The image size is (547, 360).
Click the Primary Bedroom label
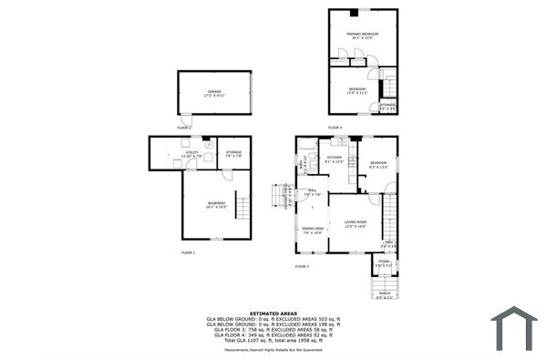point(362,35)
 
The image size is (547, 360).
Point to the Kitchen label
point(335,159)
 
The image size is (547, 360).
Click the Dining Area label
point(313,230)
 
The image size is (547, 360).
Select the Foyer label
point(383,264)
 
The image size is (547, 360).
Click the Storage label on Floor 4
point(387,107)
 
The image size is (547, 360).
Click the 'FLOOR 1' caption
point(188,252)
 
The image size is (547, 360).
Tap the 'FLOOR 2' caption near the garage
point(184,128)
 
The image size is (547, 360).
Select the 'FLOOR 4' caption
point(335,128)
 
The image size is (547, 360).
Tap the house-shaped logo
point(515,328)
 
